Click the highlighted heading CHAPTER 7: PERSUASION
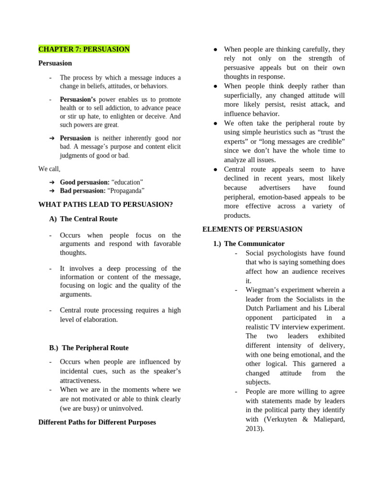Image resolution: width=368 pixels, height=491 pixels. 84,49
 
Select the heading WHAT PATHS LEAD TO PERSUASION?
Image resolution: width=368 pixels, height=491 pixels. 105,205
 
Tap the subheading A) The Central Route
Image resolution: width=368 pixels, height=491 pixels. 83,219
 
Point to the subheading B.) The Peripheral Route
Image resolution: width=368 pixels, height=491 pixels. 89,348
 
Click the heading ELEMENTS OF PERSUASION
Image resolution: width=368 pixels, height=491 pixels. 253,229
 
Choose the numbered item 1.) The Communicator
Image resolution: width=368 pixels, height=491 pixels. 249,244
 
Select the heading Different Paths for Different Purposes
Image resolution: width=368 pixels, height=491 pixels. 97,422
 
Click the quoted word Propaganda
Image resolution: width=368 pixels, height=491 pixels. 126,191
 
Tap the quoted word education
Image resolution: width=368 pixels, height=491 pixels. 127,182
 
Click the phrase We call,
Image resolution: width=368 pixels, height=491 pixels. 49,169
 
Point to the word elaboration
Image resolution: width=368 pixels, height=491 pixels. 99,320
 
